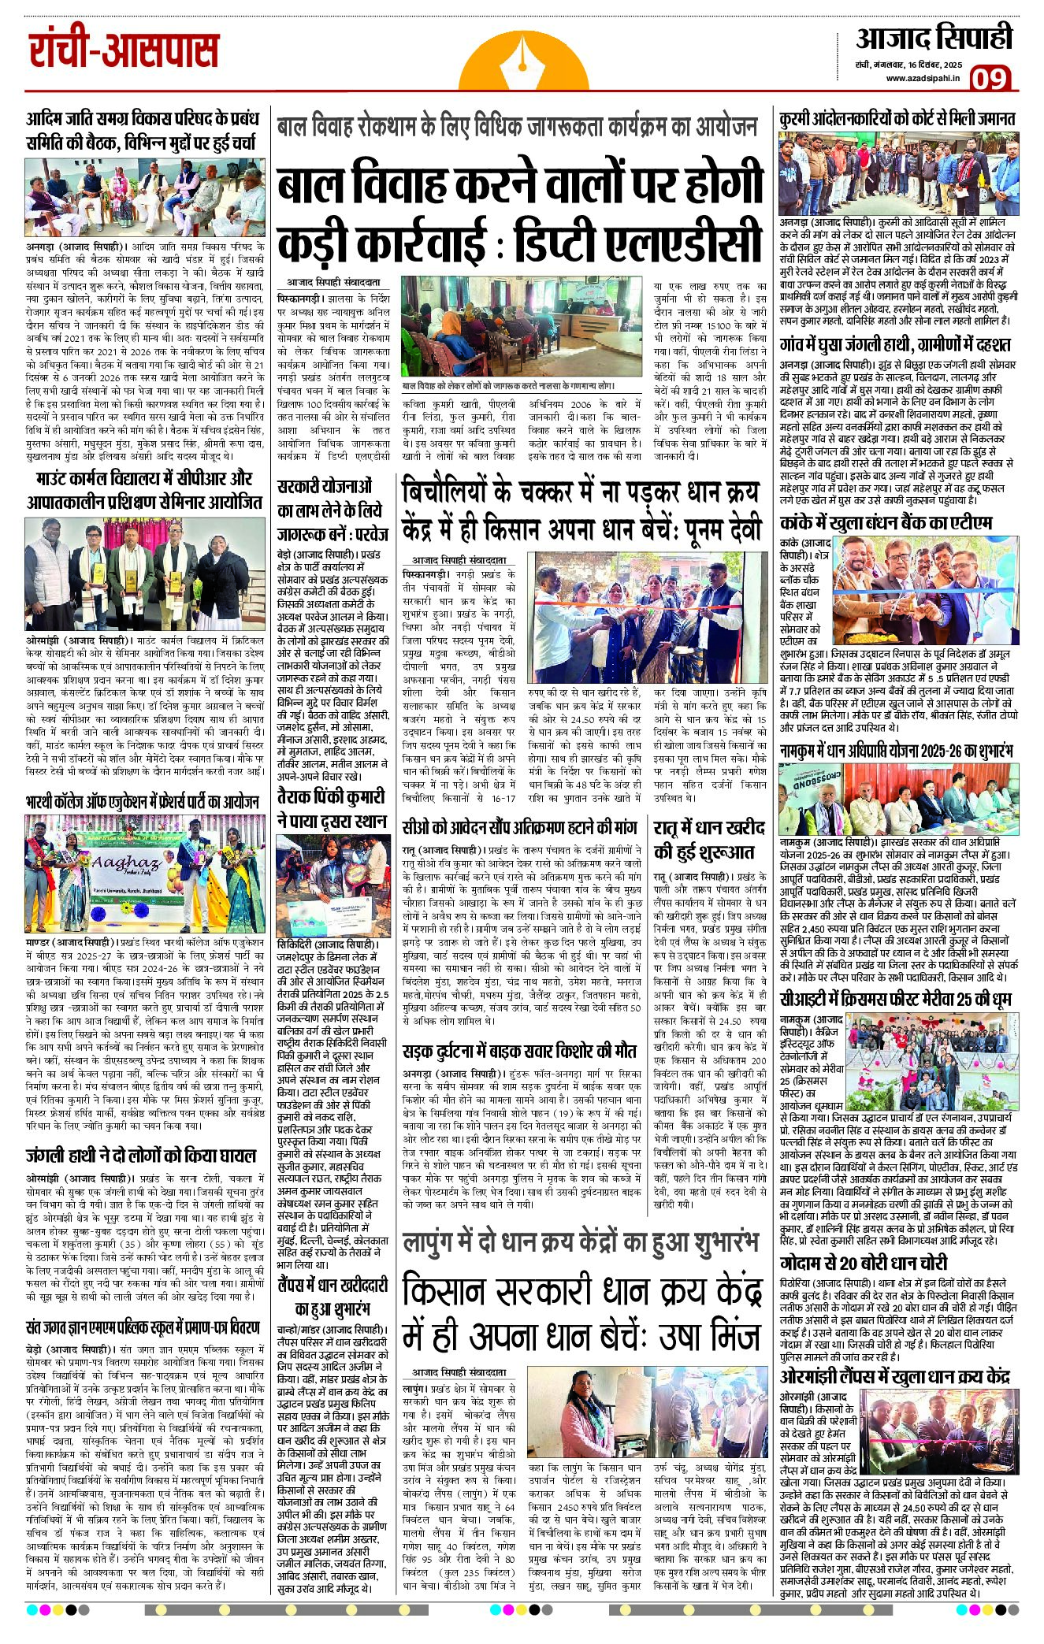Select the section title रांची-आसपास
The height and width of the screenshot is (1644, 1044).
coord(124,52)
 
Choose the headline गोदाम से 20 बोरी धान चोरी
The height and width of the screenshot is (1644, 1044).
coord(864,1263)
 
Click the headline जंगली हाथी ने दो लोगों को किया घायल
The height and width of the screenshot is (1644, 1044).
coord(141,1156)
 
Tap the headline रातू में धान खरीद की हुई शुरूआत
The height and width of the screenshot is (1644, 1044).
coord(709,839)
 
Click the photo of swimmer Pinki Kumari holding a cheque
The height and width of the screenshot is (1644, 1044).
coord(333,886)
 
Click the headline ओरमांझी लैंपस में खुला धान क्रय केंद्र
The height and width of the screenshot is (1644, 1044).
coord(895,1377)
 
